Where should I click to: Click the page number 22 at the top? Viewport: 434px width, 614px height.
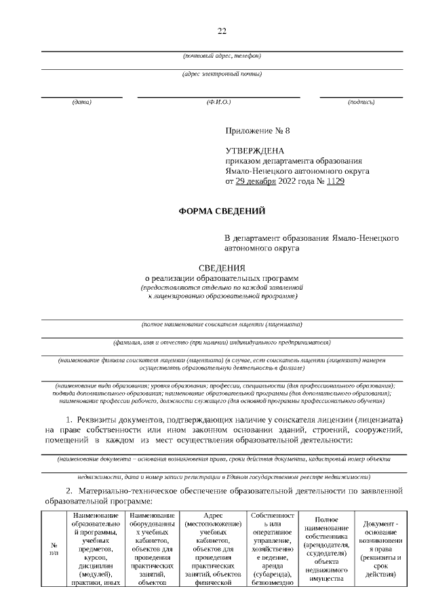point(222,31)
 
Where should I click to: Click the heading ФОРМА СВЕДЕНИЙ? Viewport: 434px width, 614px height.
point(222,211)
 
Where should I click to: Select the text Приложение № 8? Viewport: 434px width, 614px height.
point(257,130)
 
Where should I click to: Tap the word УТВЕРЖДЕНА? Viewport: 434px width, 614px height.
point(255,151)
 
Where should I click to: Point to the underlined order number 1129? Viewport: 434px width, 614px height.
point(335,181)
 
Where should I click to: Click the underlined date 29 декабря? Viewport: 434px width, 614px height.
point(256,181)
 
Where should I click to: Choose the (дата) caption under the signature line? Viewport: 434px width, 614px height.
point(81,102)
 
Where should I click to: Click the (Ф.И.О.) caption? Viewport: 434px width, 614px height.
point(219,102)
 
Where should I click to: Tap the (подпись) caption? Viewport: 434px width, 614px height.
point(361,102)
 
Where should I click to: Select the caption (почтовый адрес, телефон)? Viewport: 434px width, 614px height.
point(222,55)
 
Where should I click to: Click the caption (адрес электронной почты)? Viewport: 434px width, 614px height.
point(222,74)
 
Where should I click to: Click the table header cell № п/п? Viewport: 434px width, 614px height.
point(54,548)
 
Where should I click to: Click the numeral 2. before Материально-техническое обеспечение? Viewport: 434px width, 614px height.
point(69,489)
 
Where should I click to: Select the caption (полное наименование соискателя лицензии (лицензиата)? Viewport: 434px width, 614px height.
point(222,324)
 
